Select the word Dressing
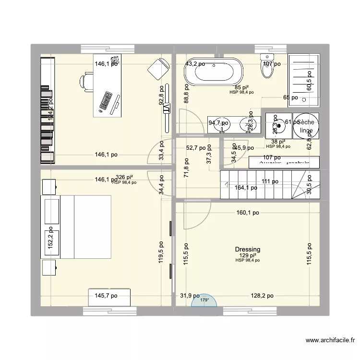pos(248,250)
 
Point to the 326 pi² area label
pos(124,178)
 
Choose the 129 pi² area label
pos(248,255)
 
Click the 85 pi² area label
pos(241,87)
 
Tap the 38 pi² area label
pos(278,142)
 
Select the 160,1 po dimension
pos(247,213)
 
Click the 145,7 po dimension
pos(106,296)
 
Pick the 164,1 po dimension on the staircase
pos(247,188)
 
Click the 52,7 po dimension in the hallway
pos(196,148)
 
